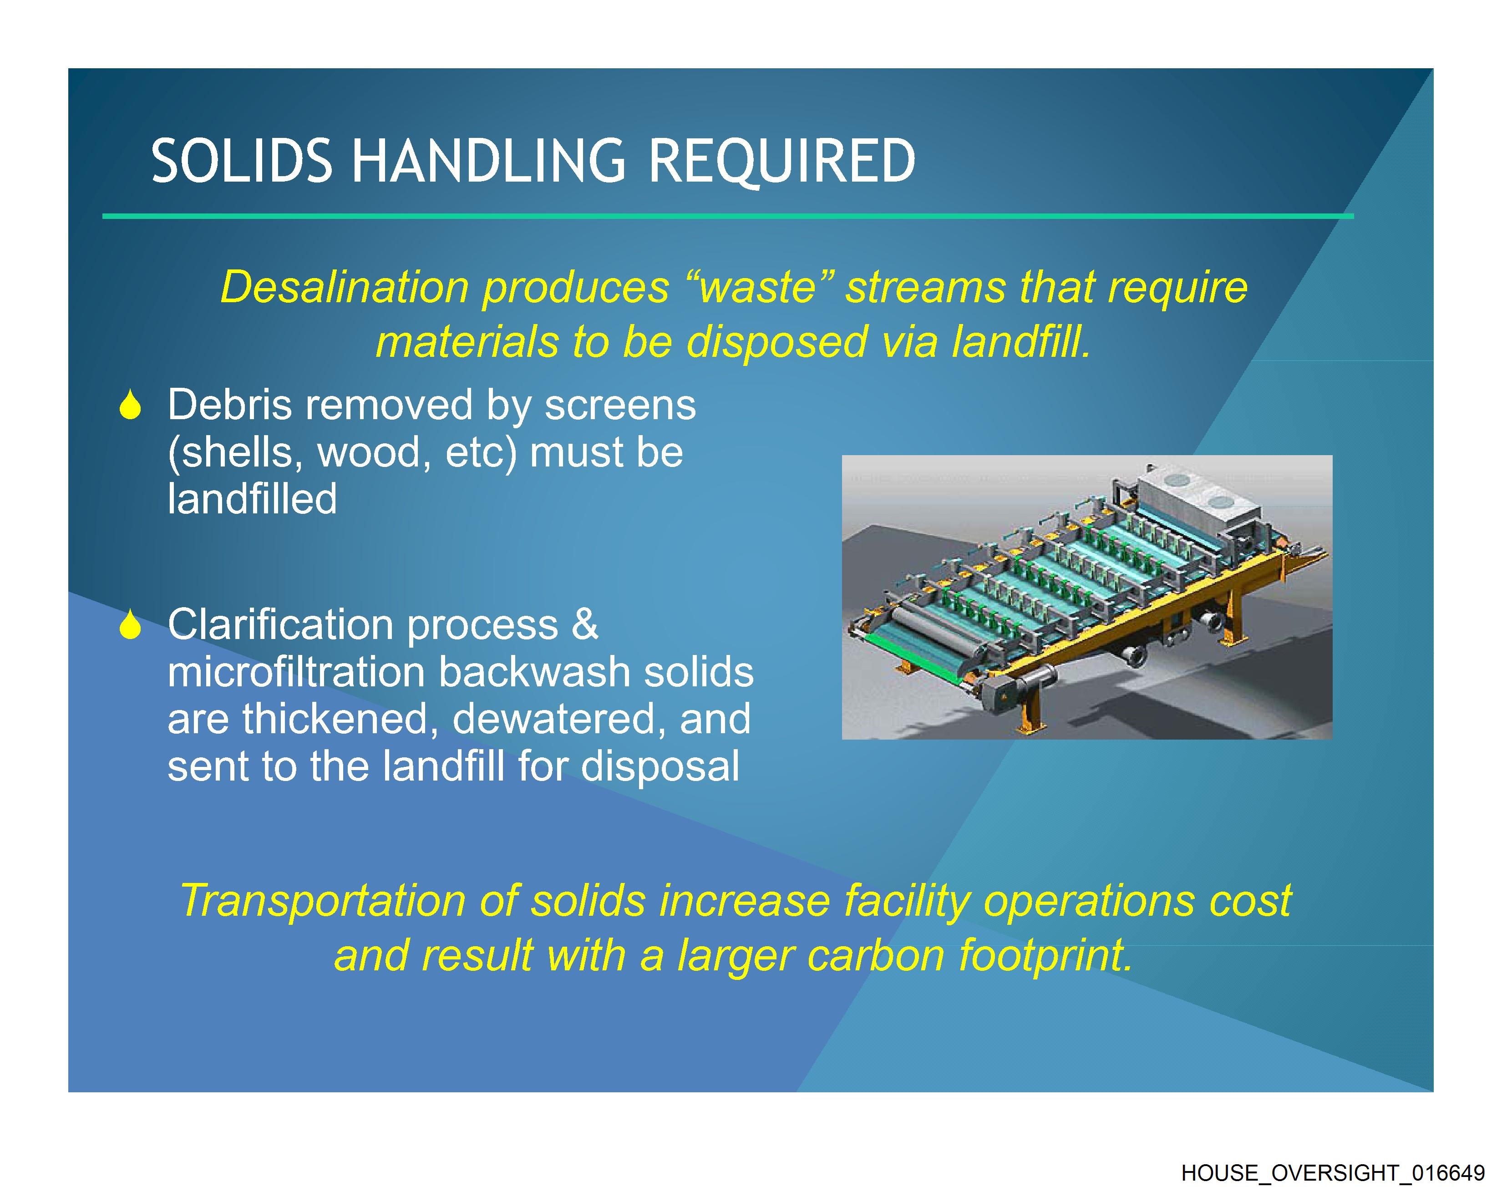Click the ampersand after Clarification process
point(584,624)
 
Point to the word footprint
point(1045,956)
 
